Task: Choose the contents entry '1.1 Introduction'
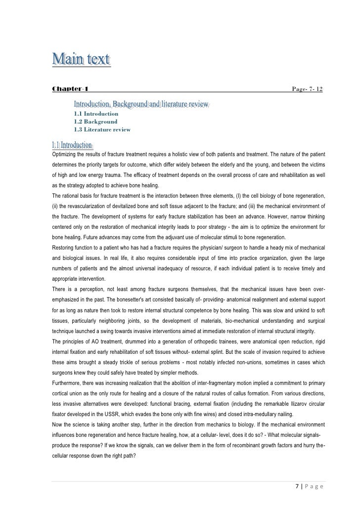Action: (x=96, y=113)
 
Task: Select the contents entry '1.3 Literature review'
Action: (x=102, y=129)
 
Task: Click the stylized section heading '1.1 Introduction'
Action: (x=72, y=145)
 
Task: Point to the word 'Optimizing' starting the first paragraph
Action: (x=64, y=154)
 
